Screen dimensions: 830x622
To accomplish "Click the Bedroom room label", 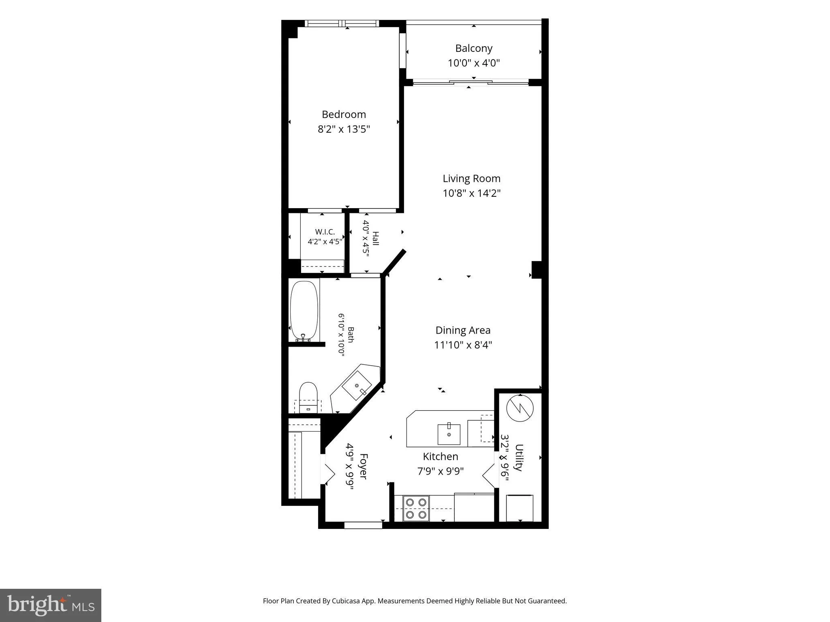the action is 344,114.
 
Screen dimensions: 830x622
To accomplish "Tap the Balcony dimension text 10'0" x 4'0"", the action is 474,63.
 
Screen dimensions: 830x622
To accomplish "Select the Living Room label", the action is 471,179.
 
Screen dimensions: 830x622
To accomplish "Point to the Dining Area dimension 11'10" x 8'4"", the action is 463,345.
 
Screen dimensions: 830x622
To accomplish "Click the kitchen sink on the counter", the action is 449,434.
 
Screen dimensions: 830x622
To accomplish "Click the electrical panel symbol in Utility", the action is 520,407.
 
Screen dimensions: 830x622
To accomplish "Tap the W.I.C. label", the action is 325,232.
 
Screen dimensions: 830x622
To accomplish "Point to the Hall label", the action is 376,239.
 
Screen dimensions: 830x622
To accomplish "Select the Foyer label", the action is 363,466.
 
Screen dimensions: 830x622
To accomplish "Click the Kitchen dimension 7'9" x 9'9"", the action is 441,471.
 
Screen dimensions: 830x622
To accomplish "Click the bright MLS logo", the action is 51,605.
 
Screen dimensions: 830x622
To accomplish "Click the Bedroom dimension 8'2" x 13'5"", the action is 344,129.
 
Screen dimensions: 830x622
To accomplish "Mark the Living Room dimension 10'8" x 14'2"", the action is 472,194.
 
